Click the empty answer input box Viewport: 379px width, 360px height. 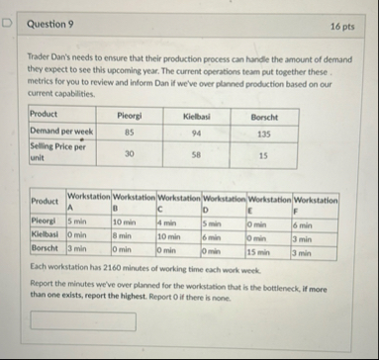coord(83,321)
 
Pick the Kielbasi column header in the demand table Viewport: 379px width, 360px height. coord(198,116)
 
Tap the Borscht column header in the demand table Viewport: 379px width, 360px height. coord(263,116)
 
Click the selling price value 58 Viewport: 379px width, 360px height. coord(198,153)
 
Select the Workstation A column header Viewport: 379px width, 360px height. coord(87,204)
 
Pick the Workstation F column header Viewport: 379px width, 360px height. coord(316,204)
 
